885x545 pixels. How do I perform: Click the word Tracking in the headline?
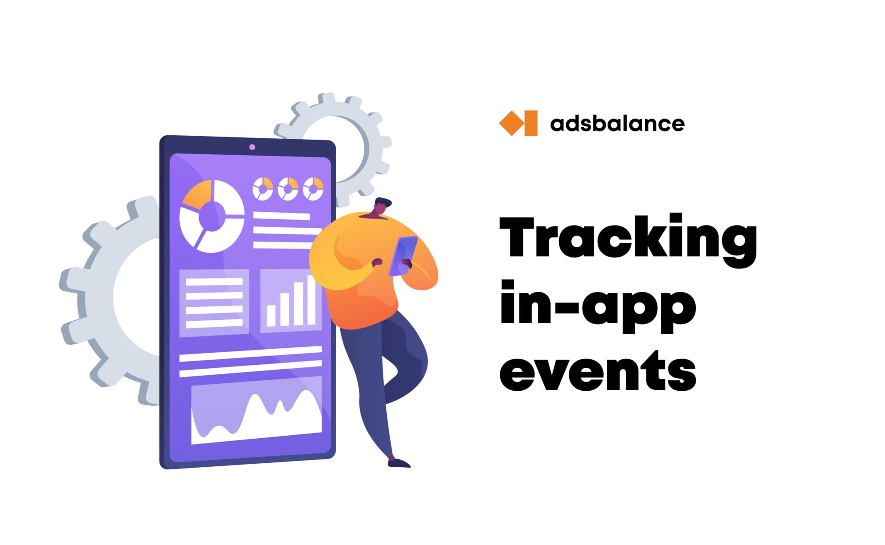627,239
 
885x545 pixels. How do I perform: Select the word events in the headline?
598,371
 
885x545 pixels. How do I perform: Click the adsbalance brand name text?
617,124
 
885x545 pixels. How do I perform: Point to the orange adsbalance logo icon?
518,123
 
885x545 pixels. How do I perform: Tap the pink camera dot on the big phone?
252,147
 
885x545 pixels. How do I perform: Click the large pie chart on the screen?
212,216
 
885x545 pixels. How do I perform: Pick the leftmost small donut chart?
262,189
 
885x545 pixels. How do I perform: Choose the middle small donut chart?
288,189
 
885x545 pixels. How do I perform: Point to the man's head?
382,206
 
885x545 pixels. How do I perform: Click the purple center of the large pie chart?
212,216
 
